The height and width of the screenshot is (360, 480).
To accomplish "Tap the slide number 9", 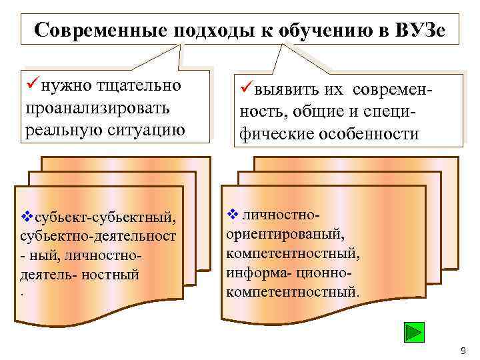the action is pyautogui.click(x=463, y=351).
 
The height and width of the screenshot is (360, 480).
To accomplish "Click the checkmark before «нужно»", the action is pyautogui.click(x=31, y=85).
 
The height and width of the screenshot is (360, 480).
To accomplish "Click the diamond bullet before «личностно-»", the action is pyautogui.click(x=233, y=215).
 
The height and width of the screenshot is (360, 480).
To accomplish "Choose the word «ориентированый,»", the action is pyautogui.click(x=285, y=234).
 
